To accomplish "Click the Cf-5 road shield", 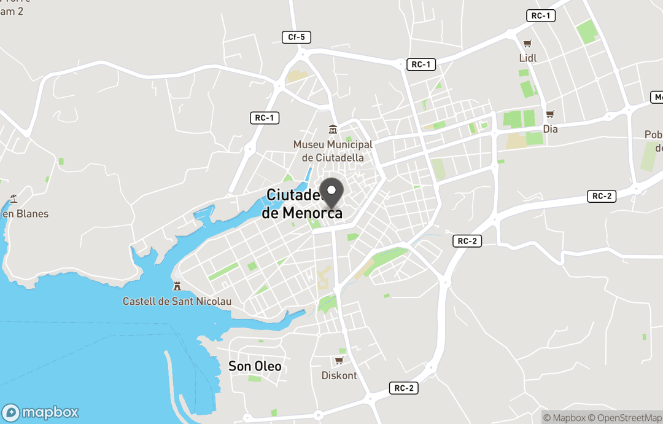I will click(297, 37).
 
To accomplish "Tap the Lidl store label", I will click(527, 58).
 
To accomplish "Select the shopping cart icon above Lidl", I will click(527, 44).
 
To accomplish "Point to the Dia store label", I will click(550, 129).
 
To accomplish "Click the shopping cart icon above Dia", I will click(550, 114).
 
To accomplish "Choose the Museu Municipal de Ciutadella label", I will click(333, 151).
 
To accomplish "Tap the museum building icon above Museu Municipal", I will click(333, 130).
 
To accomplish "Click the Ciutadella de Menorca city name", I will click(302, 204).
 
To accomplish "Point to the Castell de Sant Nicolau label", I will click(177, 301).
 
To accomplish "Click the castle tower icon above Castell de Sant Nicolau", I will click(177, 286).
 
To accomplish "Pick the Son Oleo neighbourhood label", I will click(255, 366).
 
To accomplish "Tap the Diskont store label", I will click(339, 375).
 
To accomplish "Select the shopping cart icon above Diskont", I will click(339, 361).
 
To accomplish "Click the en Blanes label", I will click(25, 214).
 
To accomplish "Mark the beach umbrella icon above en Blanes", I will click(14, 199).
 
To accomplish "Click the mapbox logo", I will click(41, 412).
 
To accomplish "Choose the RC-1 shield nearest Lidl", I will click(541, 16).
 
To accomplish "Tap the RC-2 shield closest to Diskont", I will click(404, 388).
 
